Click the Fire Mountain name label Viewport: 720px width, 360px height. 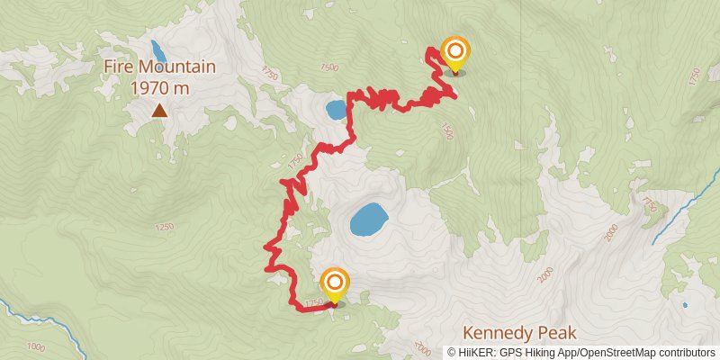click(x=159, y=67)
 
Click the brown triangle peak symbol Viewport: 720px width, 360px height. click(x=159, y=111)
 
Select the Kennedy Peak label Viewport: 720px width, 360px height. click(x=518, y=332)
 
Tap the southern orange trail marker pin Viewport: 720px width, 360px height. click(x=335, y=283)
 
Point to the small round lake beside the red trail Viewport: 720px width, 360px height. click(x=335, y=111)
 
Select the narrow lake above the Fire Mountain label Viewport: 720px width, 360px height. click(x=157, y=47)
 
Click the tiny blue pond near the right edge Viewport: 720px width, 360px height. click(x=685, y=305)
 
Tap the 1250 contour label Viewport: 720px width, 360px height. click(x=163, y=227)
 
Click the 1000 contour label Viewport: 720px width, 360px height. click(x=36, y=346)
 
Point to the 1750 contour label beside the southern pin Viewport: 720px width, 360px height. click(x=314, y=303)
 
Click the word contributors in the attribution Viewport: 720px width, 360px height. click(x=686, y=353)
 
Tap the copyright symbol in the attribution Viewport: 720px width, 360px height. click(x=452, y=353)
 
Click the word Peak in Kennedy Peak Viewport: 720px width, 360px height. click(x=555, y=332)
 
